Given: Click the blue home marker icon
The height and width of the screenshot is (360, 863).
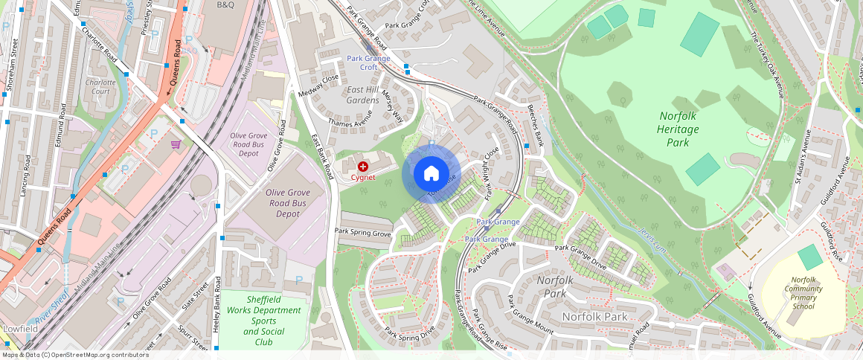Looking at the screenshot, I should [x=431, y=174].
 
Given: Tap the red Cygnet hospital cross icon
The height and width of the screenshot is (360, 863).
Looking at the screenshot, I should [x=362, y=167].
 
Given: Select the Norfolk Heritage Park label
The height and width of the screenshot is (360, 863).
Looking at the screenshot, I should [x=679, y=129].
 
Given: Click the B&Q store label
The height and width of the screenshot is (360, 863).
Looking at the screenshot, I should [x=225, y=4].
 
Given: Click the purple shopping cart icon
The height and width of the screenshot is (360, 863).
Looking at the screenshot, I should [x=176, y=144].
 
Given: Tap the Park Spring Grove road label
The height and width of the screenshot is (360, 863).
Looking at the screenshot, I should [x=362, y=233].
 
